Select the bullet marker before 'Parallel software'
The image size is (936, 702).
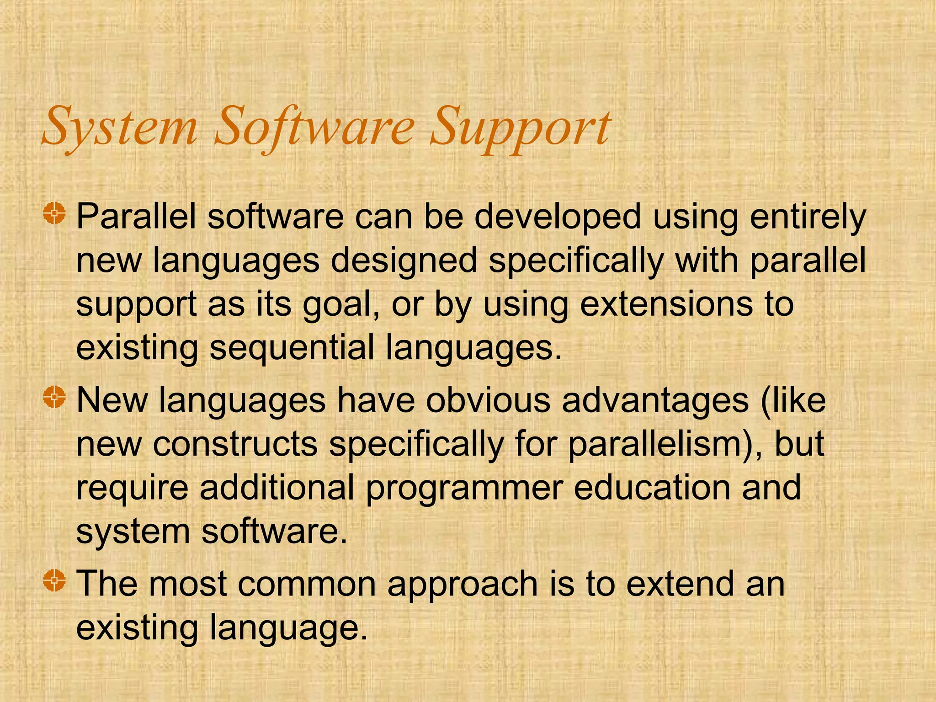coord(55,213)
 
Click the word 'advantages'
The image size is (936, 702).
coord(655,401)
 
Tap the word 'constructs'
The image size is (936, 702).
coord(235,444)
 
